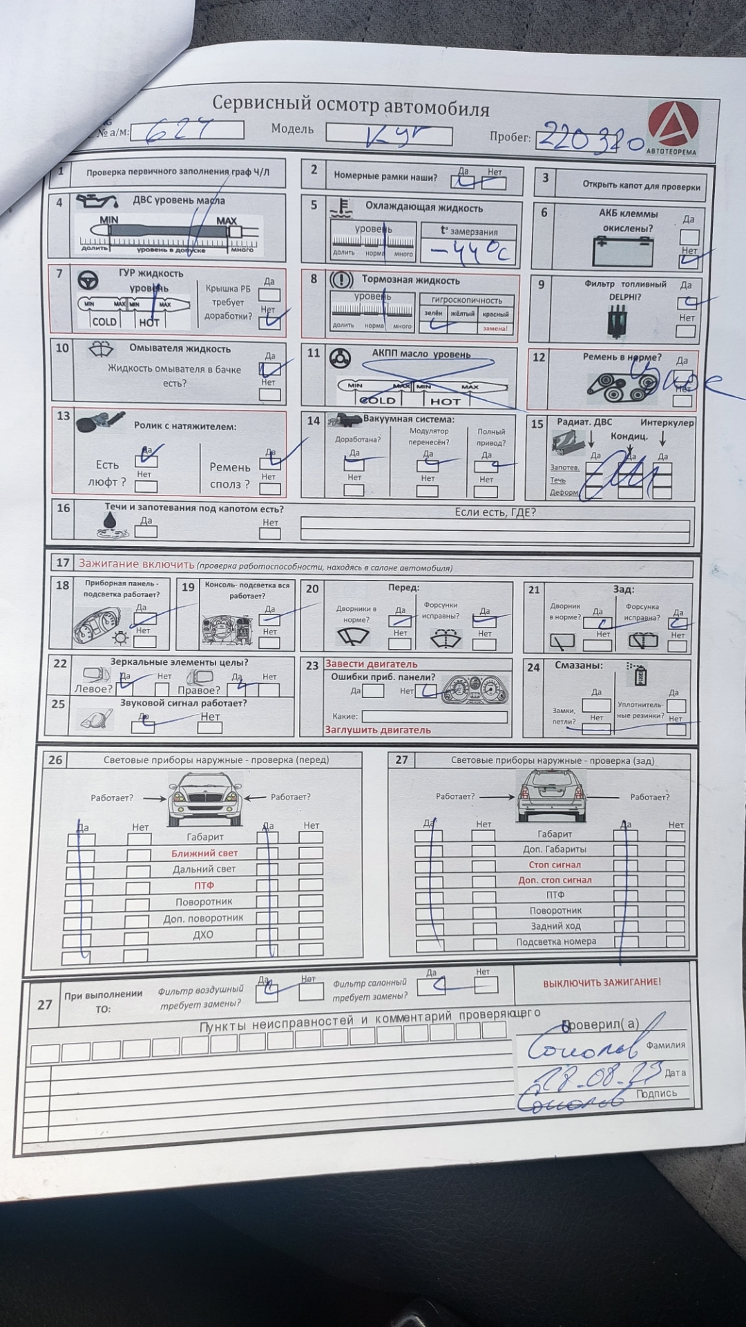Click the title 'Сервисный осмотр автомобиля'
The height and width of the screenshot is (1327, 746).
tap(350, 106)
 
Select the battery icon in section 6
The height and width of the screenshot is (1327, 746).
tap(622, 250)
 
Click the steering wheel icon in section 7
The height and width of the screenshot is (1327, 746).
tap(86, 280)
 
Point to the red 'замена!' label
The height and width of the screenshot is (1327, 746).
tap(495, 328)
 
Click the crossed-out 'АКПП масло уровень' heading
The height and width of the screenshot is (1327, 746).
tap(421, 355)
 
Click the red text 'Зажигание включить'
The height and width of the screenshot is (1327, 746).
tap(136, 564)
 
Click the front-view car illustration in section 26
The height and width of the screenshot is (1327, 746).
tap(205, 799)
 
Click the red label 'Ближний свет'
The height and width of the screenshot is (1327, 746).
tap(204, 854)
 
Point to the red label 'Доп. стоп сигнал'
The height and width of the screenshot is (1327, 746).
tap(555, 881)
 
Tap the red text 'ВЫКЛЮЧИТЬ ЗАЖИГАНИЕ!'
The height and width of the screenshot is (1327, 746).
tap(601, 982)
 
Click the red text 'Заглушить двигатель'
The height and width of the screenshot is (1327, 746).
tap(378, 730)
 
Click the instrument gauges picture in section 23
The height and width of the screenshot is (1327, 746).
tap(475, 690)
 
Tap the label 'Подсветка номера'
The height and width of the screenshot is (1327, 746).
tap(555, 941)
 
